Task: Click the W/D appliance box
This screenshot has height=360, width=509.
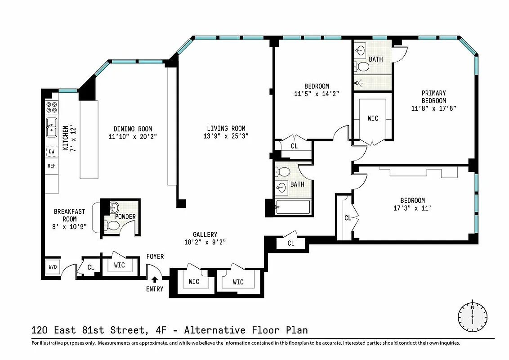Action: pos(53,267)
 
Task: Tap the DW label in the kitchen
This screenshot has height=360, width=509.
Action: pos(51,152)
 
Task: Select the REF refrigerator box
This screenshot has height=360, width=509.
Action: pos(51,166)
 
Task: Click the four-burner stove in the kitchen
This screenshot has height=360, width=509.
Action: pos(51,107)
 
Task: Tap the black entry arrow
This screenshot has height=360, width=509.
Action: pos(155,280)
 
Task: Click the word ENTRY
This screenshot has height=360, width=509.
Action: pos(155,289)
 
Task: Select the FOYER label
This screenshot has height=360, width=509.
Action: pos(155,256)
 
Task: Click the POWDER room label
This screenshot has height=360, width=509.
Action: pos(125,216)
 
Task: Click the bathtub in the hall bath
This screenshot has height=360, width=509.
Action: pos(293,207)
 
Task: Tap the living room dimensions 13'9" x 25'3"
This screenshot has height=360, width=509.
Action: pos(226,135)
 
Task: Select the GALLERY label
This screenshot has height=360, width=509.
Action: pos(205,234)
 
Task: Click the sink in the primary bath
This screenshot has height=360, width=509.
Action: pos(360,51)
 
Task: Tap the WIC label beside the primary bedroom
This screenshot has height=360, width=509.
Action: pos(373,118)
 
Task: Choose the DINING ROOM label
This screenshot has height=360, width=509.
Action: pos(133,129)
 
